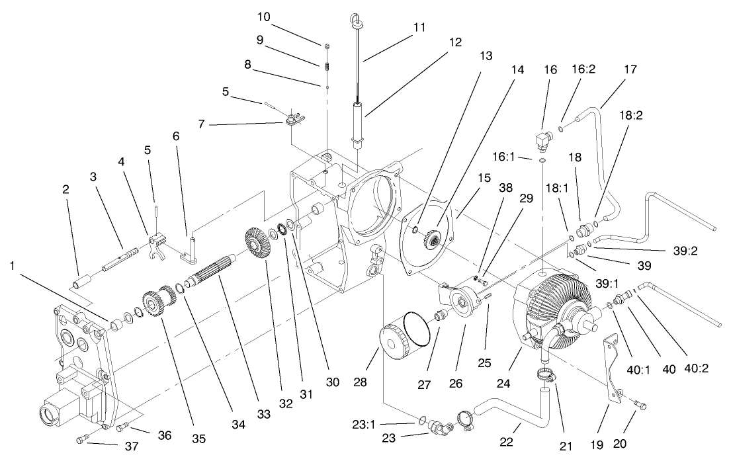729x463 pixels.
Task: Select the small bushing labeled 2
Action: click(x=79, y=288)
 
